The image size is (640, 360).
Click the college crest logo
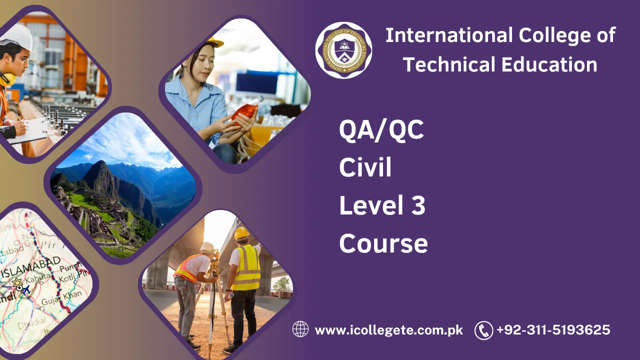click(343, 50)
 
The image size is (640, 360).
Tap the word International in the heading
click(449, 36)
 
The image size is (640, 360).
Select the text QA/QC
click(381, 130)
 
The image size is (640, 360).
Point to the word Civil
click(365, 168)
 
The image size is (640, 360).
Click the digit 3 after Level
click(418, 206)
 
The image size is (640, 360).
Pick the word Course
click(383, 243)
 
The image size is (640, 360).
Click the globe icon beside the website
click(300, 329)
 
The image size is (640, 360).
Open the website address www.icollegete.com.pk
click(388, 330)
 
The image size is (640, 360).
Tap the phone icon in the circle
click(483, 330)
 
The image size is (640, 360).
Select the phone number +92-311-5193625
click(553, 330)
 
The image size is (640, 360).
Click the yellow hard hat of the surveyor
click(241, 233)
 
